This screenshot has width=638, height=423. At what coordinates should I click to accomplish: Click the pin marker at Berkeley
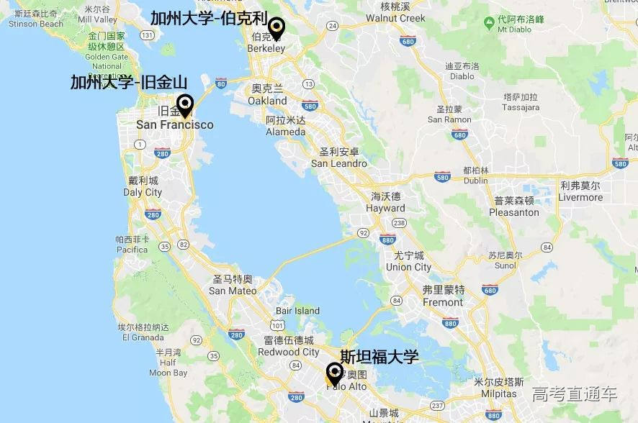click(x=275, y=28)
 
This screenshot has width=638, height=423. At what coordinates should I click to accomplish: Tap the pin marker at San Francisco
click(x=185, y=105)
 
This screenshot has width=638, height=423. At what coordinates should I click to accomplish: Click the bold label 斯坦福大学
click(x=379, y=357)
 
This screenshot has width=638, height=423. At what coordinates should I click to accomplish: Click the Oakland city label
click(x=267, y=101)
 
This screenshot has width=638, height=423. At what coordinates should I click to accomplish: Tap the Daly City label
click(x=143, y=192)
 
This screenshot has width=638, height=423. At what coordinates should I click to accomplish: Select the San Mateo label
click(x=233, y=291)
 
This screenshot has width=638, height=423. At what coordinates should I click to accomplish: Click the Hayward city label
click(x=386, y=208)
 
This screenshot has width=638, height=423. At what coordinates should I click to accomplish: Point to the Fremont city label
click(x=443, y=302)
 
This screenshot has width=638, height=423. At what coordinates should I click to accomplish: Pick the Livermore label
click(x=580, y=197)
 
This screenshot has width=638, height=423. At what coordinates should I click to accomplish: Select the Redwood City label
click(x=288, y=352)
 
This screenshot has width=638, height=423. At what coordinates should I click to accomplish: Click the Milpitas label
click(x=495, y=394)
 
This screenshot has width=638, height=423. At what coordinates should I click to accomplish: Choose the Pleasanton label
click(x=513, y=212)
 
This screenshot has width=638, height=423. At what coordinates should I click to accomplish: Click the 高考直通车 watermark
click(x=575, y=394)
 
